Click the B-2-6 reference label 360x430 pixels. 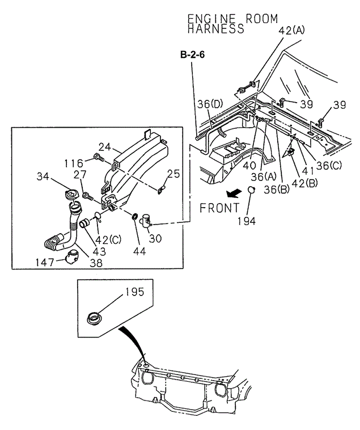pos(191,54)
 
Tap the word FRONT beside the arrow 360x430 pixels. pos(219,208)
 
